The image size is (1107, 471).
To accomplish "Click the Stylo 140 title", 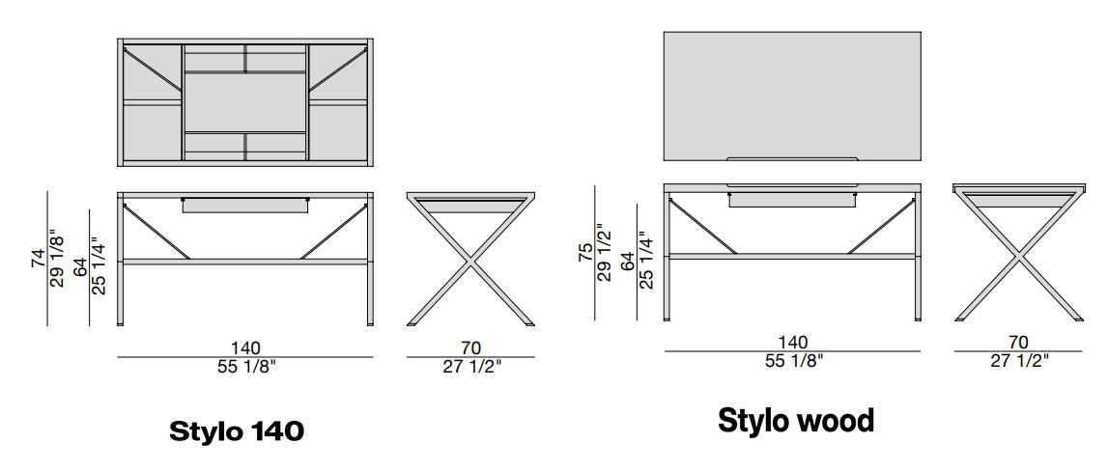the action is [237, 430].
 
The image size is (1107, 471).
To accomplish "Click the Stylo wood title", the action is [796, 421].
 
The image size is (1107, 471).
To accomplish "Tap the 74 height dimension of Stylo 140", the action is [39, 259].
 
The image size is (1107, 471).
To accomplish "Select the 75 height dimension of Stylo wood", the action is [585, 253].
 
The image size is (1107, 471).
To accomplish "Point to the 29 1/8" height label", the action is [58, 259].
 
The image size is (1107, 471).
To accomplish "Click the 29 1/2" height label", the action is [605, 253].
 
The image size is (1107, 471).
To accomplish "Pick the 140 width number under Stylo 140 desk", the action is [245, 348].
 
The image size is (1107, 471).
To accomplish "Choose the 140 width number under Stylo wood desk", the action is [793, 343].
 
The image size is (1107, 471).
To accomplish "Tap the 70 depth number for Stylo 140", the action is [470, 348].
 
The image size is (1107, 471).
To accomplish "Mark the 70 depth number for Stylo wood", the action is [1018, 343].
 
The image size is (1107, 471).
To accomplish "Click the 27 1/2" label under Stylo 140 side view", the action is [470, 366].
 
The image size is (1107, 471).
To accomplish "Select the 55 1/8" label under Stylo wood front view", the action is [794, 360].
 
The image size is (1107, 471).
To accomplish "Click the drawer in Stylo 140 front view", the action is [245, 206].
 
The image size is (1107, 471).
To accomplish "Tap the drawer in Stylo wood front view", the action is [793, 201].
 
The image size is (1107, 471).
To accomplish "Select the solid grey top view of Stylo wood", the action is [792, 96].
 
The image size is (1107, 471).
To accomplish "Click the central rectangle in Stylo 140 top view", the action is [245, 101].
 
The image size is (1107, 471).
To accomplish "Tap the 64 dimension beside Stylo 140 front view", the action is [81, 266].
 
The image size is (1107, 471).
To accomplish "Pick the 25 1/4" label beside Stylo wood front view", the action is [646, 261].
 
